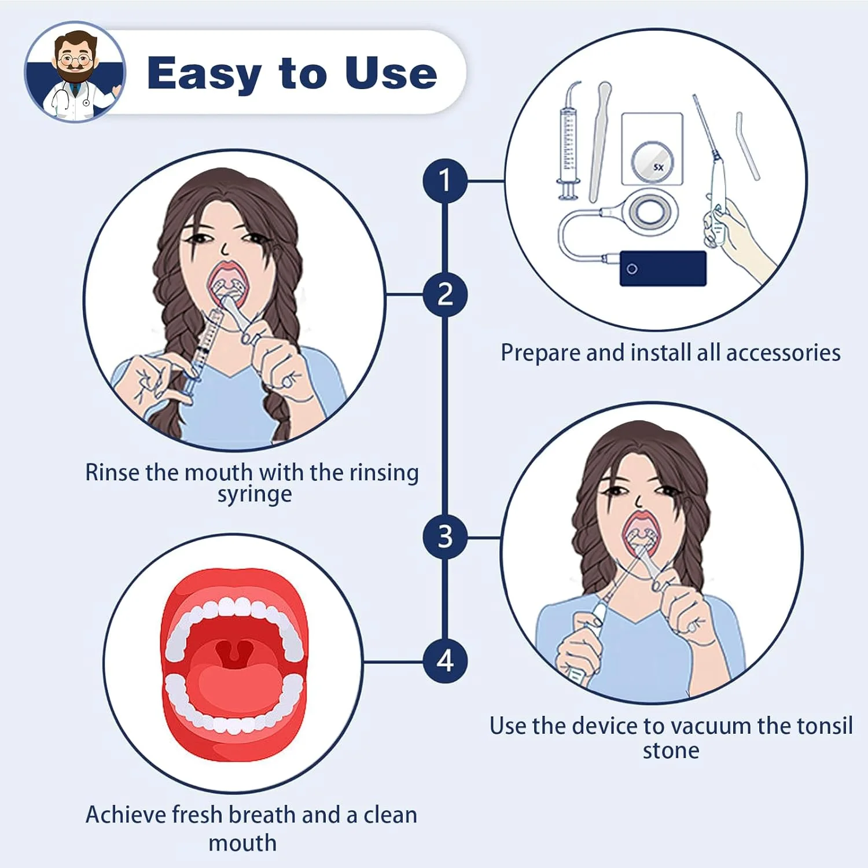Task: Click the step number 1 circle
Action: coord(444,181)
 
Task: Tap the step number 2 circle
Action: coord(444,294)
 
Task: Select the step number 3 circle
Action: coord(444,537)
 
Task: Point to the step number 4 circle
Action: coord(444,661)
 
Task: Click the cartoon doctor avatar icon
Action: coord(75,72)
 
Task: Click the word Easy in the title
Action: coord(205,74)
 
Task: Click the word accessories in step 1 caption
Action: coord(783,352)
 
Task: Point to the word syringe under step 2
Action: coord(255,495)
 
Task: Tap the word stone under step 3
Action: coord(671,751)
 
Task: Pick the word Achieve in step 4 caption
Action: coord(126,815)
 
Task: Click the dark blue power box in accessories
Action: coord(663,269)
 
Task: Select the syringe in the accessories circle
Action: coord(569,141)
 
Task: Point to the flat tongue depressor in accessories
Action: coord(599,142)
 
